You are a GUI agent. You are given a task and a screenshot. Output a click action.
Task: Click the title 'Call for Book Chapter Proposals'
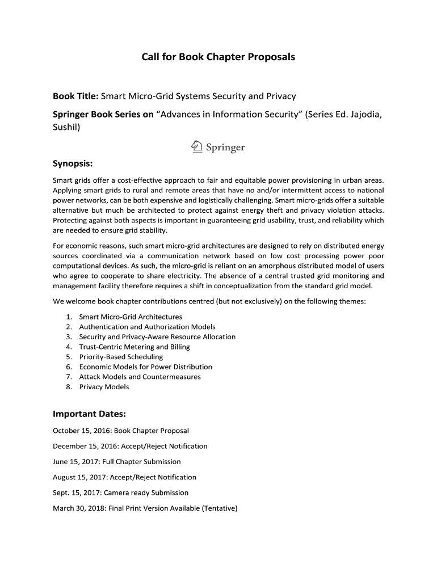click(218, 57)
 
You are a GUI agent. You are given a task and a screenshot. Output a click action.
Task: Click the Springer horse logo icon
click(196, 147)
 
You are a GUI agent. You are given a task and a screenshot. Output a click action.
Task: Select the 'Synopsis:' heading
click(73, 164)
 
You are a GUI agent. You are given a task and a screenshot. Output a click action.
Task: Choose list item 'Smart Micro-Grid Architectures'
click(131, 317)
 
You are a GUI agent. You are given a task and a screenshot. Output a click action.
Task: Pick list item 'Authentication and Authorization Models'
click(147, 327)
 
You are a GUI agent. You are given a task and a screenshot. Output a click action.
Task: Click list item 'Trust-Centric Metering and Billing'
click(135, 347)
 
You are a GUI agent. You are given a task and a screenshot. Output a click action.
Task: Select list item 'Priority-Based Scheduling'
click(121, 357)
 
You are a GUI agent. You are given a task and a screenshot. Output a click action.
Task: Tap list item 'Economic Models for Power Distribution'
click(145, 367)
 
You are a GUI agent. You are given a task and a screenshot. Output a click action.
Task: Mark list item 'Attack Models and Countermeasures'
click(140, 377)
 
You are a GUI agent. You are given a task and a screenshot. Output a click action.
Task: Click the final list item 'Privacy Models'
click(104, 387)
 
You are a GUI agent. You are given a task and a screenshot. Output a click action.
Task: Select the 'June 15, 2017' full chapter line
click(116, 462)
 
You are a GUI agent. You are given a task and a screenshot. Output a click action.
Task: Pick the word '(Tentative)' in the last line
click(219, 508)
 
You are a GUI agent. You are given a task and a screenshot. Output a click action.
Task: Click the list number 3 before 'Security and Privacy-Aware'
click(68, 337)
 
